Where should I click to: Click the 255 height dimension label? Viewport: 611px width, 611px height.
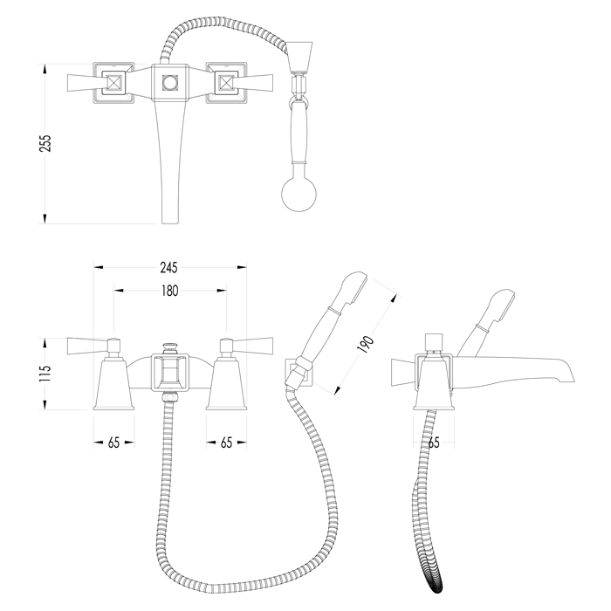[45, 143]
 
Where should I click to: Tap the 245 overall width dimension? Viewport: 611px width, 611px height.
[168, 268]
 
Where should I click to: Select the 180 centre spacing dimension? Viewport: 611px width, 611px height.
[170, 291]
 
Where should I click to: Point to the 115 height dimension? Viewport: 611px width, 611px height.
[45, 374]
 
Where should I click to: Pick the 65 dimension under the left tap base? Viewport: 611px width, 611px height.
[113, 443]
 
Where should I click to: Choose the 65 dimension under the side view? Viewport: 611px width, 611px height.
[434, 443]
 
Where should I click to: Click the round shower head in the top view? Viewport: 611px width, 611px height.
[299, 195]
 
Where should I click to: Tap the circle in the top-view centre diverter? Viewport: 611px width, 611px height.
[170, 83]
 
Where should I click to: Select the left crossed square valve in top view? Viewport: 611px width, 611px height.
[113, 83]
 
